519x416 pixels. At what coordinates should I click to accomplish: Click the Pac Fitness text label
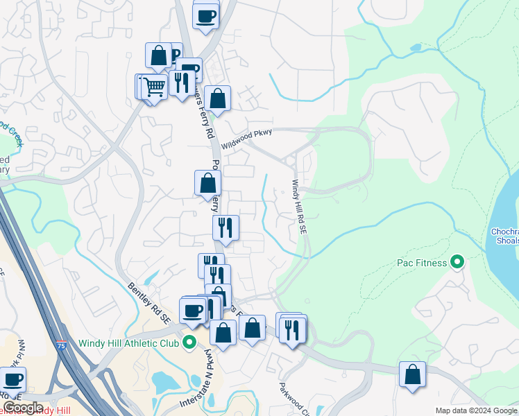pos(420,263)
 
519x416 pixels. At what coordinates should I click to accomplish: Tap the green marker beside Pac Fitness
pos(457,262)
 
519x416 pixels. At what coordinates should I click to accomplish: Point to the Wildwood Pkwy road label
pos(246,138)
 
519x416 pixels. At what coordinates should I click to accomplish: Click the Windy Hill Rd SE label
pos(299,207)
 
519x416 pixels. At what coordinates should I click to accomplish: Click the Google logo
pos(22,408)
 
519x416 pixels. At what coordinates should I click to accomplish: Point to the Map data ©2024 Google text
pos(476,410)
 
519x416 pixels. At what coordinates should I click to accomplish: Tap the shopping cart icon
pos(155,86)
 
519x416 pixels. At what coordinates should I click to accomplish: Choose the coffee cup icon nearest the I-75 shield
pos(12,379)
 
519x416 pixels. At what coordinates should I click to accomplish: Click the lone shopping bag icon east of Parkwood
pos(412,374)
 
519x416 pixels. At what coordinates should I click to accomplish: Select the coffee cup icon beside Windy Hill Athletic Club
pos(192,310)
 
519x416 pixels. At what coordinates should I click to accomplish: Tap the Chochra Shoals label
pos(504,236)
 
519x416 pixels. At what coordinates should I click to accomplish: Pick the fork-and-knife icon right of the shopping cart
pos(181,83)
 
